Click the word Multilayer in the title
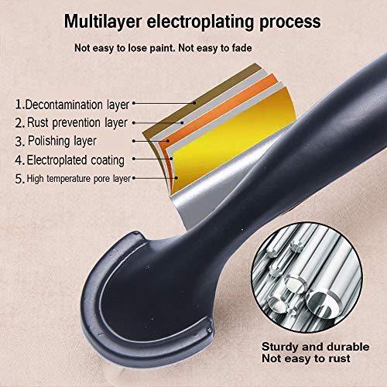coord(103,22)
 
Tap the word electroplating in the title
coord(200,22)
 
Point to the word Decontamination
coord(64,104)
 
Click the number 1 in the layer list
coord(19,104)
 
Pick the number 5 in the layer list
coord(19,179)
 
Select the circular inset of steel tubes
coord(307,277)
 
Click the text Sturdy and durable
coord(315,347)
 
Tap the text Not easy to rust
coord(306,358)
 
